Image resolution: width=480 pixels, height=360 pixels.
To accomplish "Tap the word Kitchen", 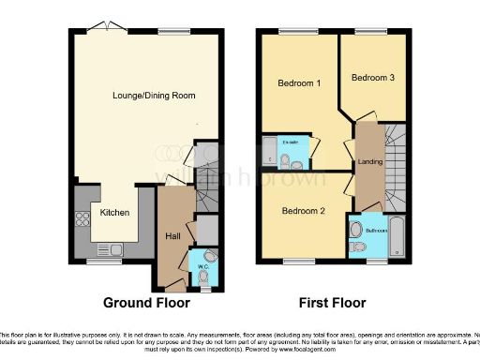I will click(x=115, y=213).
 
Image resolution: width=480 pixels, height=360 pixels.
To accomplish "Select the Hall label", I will click(x=173, y=235).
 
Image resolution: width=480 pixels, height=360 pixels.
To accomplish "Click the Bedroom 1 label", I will click(x=300, y=82).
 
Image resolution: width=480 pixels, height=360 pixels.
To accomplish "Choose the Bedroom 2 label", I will click(x=304, y=211).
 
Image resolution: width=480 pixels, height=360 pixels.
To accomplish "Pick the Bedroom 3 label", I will click(x=373, y=79).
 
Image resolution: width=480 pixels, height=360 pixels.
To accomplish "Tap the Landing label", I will click(x=368, y=162).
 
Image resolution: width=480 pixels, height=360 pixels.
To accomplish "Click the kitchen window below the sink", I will click(x=102, y=261).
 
